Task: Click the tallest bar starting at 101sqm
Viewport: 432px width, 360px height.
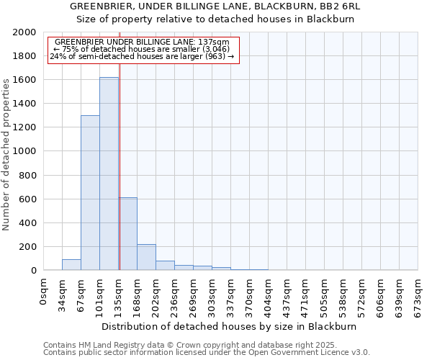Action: click(x=109, y=174)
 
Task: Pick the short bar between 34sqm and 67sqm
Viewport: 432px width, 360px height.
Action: click(x=71, y=265)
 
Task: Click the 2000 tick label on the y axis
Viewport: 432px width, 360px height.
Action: click(x=24, y=32)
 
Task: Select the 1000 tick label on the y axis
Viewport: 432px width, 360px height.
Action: click(x=24, y=151)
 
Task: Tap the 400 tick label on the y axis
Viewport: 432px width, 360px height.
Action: click(x=27, y=222)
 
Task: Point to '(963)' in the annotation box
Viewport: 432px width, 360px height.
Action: click(x=216, y=56)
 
